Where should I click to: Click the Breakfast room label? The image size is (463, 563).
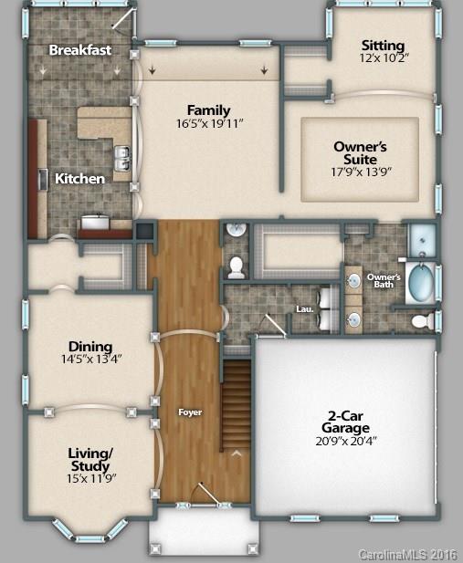tap(80, 49)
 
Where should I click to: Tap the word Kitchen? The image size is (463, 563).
tap(79, 179)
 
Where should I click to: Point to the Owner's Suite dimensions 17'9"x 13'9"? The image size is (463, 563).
tap(361, 171)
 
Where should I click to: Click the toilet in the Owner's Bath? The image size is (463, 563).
tap(422, 320)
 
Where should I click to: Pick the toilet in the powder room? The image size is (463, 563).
tap(236, 266)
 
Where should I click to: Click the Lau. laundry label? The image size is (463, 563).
tap(305, 309)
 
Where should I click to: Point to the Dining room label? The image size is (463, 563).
tap(90, 346)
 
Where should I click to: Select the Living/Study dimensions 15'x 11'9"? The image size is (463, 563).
tap(90, 477)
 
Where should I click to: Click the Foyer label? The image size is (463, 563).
tap(190, 412)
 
